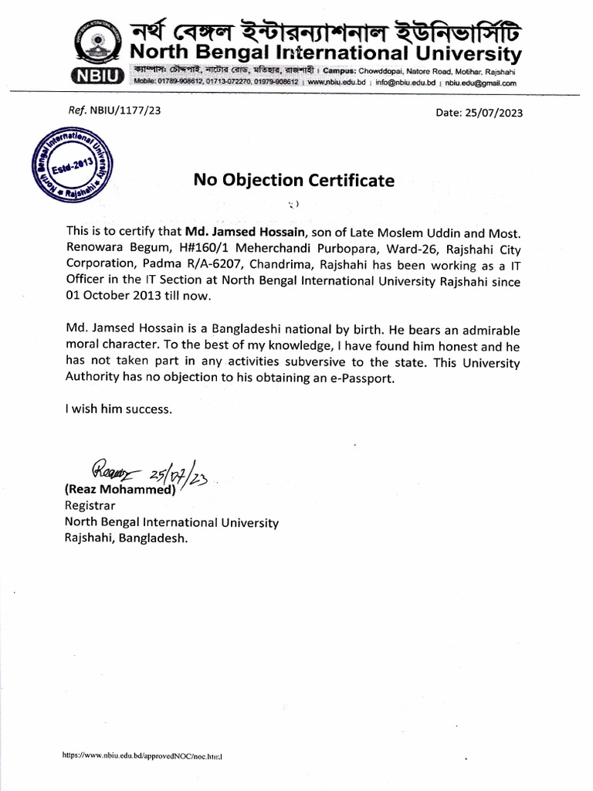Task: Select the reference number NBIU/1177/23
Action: click(125, 110)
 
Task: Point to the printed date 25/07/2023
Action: click(494, 113)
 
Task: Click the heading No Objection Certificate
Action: click(294, 181)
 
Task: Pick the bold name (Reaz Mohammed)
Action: click(120, 490)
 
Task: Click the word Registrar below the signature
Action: click(90, 506)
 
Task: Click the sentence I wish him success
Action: click(119, 409)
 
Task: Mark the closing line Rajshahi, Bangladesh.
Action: click(127, 540)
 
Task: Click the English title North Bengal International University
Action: click(324, 54)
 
